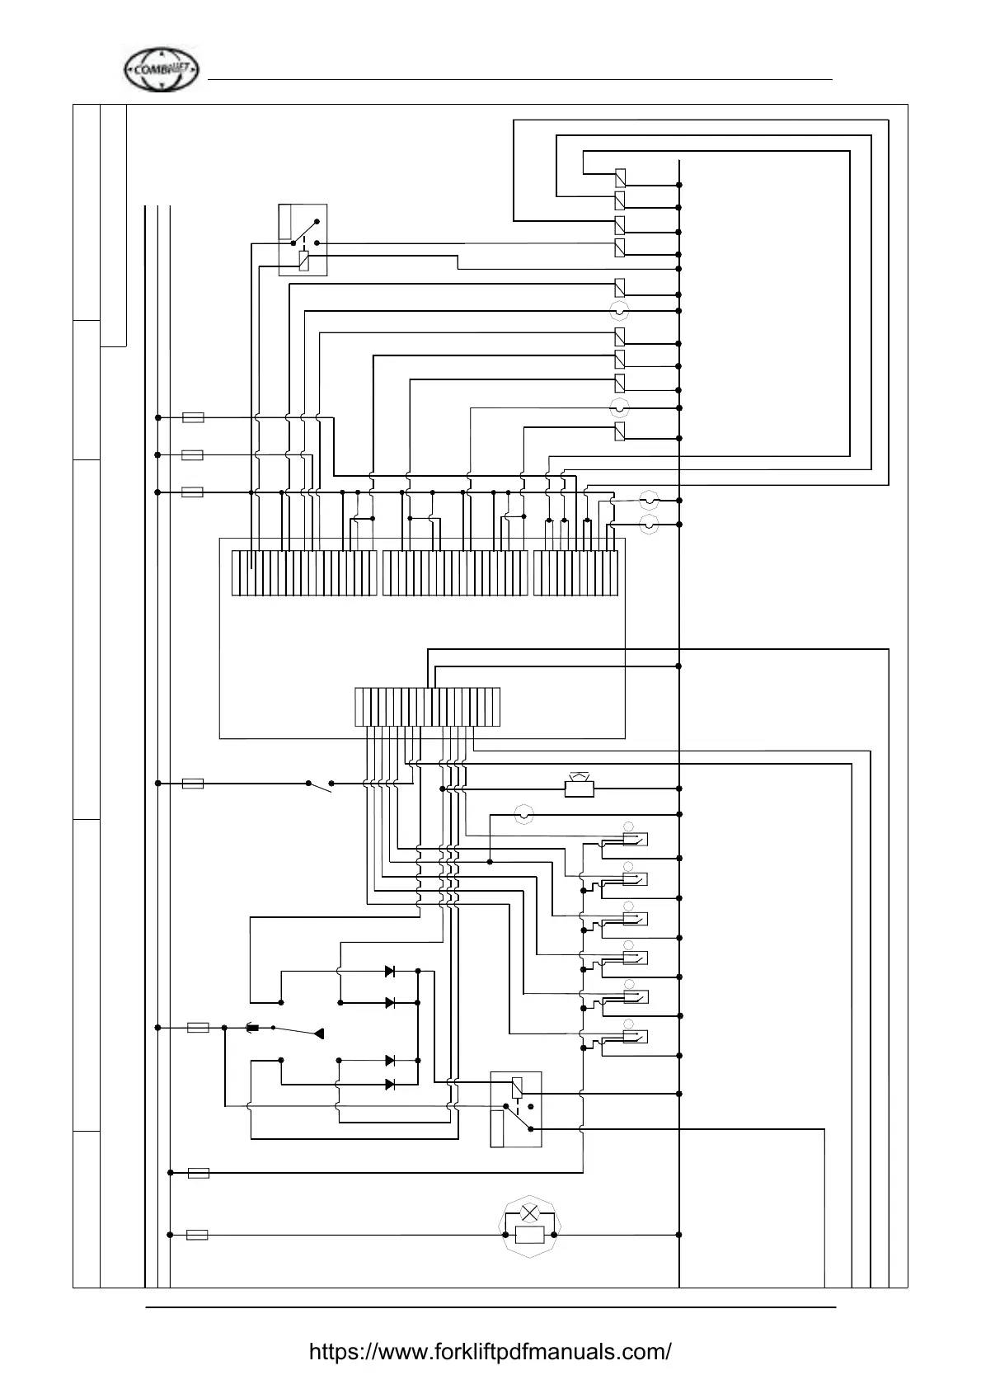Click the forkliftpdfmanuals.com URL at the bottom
(x=490, y=1352)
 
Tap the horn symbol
(x=580, y=788)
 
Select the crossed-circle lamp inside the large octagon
(x=530, y=1214)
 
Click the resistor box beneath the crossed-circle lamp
(x=529, y=1235)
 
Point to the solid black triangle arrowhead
(x=320, y=1034)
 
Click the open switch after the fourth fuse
(x=319, y=785)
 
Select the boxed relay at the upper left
(x=303, y=240)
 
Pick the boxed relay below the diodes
(x=516, y=1109)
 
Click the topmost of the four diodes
(x=390, y=972)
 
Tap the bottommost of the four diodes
(x=390, y=1084)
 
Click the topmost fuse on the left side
(x=192, y=418)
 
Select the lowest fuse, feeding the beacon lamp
(x=197, y=1235)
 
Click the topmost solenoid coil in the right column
(x=620, y=177)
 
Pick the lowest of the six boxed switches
(x=635, y=1037)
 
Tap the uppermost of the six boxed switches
(x=635, y=840)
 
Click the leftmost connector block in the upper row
(x=304, y=572)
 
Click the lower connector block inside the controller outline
(x=427, y=706)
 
